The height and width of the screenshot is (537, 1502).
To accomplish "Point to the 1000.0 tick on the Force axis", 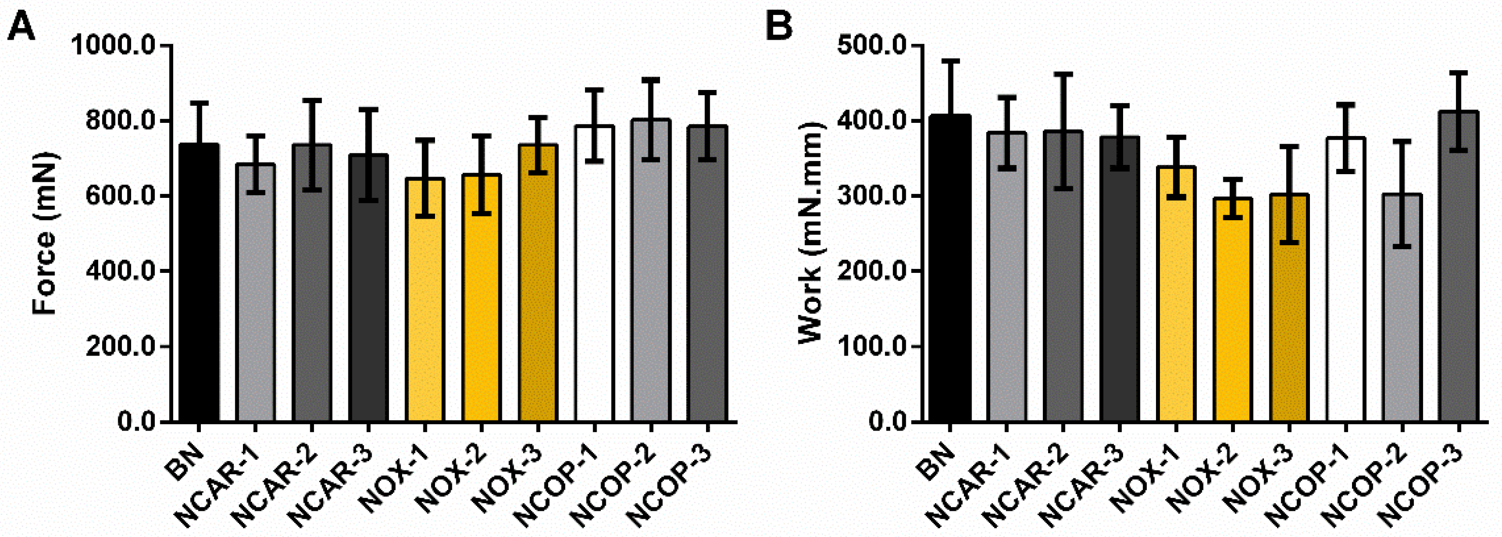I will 120,45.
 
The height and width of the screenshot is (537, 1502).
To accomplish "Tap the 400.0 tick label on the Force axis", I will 120,271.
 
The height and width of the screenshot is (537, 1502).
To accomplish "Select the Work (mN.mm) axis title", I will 810,233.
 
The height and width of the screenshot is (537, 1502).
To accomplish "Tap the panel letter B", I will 779,26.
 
